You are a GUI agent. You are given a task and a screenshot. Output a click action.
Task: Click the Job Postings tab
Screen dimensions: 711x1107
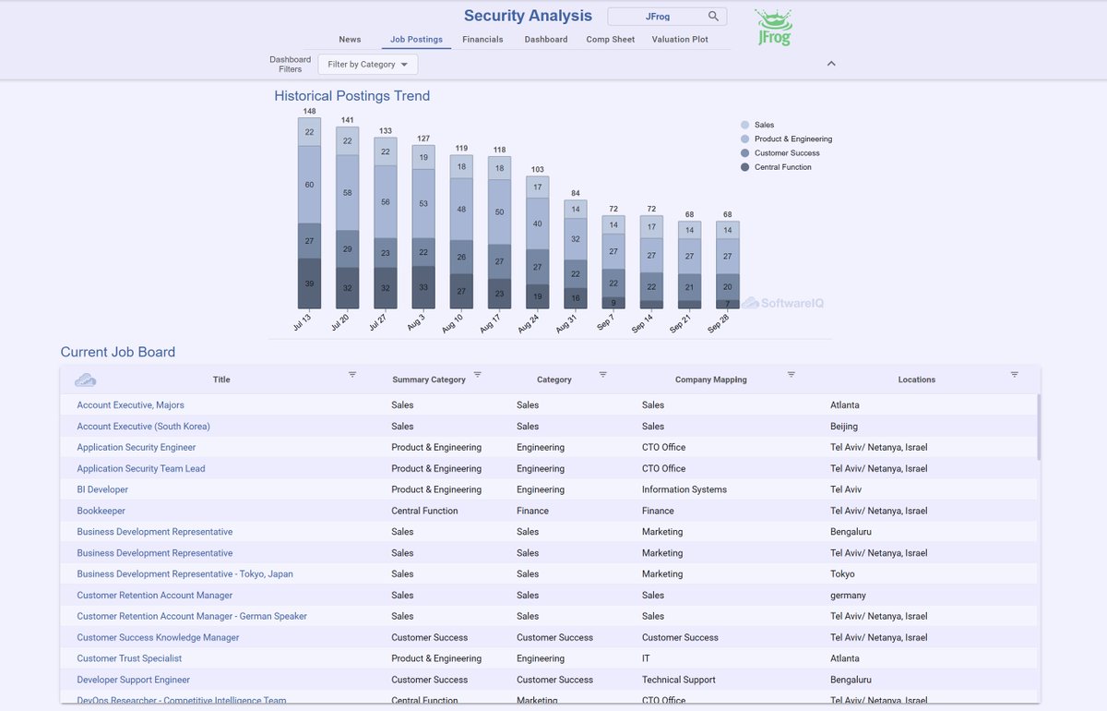tap(416, 40)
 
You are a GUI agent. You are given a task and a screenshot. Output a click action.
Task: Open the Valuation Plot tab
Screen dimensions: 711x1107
tap(680, 40)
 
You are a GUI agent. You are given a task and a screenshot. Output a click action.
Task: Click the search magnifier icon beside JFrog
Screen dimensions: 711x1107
tap(713, 17)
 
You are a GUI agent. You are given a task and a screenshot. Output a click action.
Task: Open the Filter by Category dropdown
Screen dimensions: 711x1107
tap(368, 65)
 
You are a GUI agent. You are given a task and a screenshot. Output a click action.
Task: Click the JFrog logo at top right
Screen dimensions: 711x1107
tap(773, 29)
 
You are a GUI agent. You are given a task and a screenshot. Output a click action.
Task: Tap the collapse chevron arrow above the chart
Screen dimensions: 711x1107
tap(831, 64)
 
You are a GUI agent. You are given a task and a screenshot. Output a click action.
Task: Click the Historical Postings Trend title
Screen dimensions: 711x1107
tap(351, 96)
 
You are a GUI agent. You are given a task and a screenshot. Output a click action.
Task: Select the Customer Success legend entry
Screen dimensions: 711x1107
tap(786, 153)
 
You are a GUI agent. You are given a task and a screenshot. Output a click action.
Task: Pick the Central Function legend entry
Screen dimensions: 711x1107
tap(782, 167)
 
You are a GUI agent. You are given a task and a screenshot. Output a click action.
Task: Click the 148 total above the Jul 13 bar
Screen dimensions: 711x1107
tap(309, 112)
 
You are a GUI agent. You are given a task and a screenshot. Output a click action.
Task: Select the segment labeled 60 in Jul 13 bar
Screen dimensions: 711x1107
tap(309, 185)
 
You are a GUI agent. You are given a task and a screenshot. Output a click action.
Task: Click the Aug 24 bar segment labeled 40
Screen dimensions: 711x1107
tap(537, 224)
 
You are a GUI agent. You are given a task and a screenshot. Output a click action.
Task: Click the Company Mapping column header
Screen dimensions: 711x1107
tap(710, 380)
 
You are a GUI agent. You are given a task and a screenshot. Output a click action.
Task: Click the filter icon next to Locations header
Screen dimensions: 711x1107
tap(1014, 375)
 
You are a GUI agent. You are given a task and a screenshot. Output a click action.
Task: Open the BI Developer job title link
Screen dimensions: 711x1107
tap(102, 489)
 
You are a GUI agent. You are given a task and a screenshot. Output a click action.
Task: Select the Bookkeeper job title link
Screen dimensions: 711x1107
tap(101, 511)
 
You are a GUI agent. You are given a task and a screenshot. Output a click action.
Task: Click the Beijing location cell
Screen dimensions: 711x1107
tap(844, 427)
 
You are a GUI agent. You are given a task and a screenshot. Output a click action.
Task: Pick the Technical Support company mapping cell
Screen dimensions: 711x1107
tap(678, 680)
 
